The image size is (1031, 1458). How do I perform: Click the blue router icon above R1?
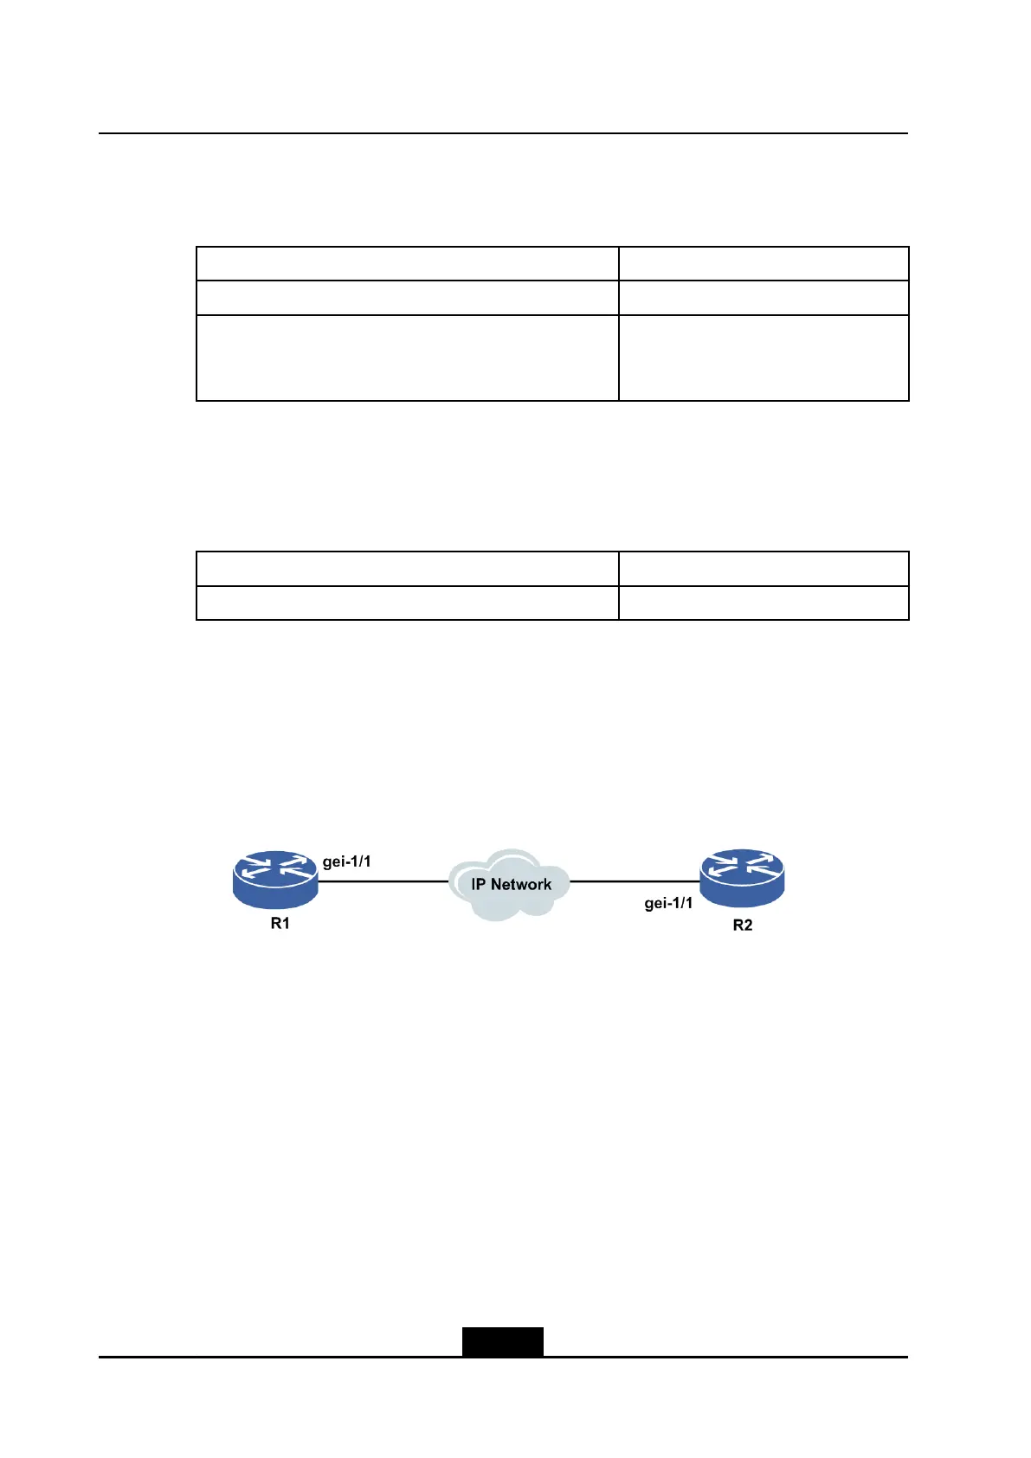[x=275, y=878]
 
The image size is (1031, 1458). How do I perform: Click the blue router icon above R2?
[x=742, y=878]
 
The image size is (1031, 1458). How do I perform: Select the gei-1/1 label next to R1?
[x=346, y=861]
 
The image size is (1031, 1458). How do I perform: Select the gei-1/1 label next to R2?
[x=668, y=903]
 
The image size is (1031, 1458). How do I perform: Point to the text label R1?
[x=280, y=924]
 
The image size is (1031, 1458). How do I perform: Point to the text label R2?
[x=743, y=926]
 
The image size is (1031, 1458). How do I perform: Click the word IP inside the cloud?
[x=479, y=884]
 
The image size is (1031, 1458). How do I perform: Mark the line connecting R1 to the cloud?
[x=383, y=881]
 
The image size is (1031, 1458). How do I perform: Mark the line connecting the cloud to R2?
[x=634, y=881]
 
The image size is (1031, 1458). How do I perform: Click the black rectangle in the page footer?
[x=502, y=1341]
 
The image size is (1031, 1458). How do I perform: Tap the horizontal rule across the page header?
[x=503, y=133]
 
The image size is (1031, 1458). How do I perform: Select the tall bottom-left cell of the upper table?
[x=407, y=358]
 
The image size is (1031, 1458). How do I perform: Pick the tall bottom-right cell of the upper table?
[x=764, y=358]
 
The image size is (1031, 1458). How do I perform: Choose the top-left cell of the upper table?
[x=407, y=263]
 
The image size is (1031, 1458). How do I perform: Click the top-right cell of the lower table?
[x=764, y=568]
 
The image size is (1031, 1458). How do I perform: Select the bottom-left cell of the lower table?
[x=407, y=603]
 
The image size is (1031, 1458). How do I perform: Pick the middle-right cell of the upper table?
[x=764, y=298]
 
